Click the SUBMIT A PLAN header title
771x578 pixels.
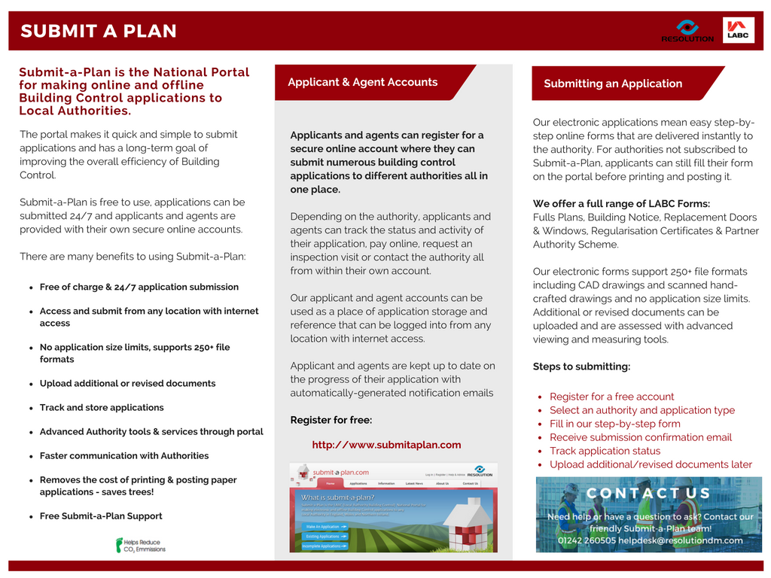pyautogui.click(x=99, y=31)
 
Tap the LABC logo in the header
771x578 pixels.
pyautogui.click(x=738, y=29)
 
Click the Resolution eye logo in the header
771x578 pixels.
pyautogui.click(x=687, y=27)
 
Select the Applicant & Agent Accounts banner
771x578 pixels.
pyautogui.click(x=363, y=82)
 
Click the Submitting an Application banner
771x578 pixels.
pyautogui.click(x=613, y=84)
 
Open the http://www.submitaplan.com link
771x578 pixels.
pyautogui.click(x=386, y=445)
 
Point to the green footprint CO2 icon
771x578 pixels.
pyautogui.click(x=120, y=545)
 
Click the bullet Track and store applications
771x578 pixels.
pyautogui.click(x=102, y=407)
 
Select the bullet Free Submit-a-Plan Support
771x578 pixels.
pyautogui.click(x=101, y=516)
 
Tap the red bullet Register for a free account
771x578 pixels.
pyautogui.click(x=611, y=397)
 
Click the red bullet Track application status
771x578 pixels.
pyautogui.click(x=605, y=451)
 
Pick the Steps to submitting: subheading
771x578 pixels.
pyautogui.click(x=581, y=367)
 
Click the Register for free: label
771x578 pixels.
pyautogui.click(x=331, y=420)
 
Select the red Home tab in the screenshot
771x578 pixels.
pyautogui.click(x=330, y=483)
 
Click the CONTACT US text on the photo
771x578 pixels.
pyautogui.click(x=648, y=494)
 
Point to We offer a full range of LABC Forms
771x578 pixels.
pyautogui.click(x=621, y=204)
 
